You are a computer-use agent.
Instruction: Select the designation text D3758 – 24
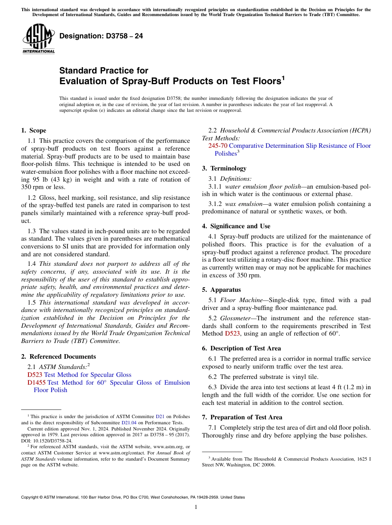point(101,36)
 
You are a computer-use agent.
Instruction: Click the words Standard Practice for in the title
point(104,71)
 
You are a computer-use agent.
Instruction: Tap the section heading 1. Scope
point(33,130)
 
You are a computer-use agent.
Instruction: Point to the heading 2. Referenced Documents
point(58,357)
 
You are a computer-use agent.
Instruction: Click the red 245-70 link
point(217,146)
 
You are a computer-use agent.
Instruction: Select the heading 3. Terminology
point(224,168)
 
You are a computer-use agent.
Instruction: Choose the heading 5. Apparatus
point(221,290)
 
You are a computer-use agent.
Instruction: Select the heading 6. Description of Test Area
point(241,348)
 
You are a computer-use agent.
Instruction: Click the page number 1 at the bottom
point(196,507)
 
